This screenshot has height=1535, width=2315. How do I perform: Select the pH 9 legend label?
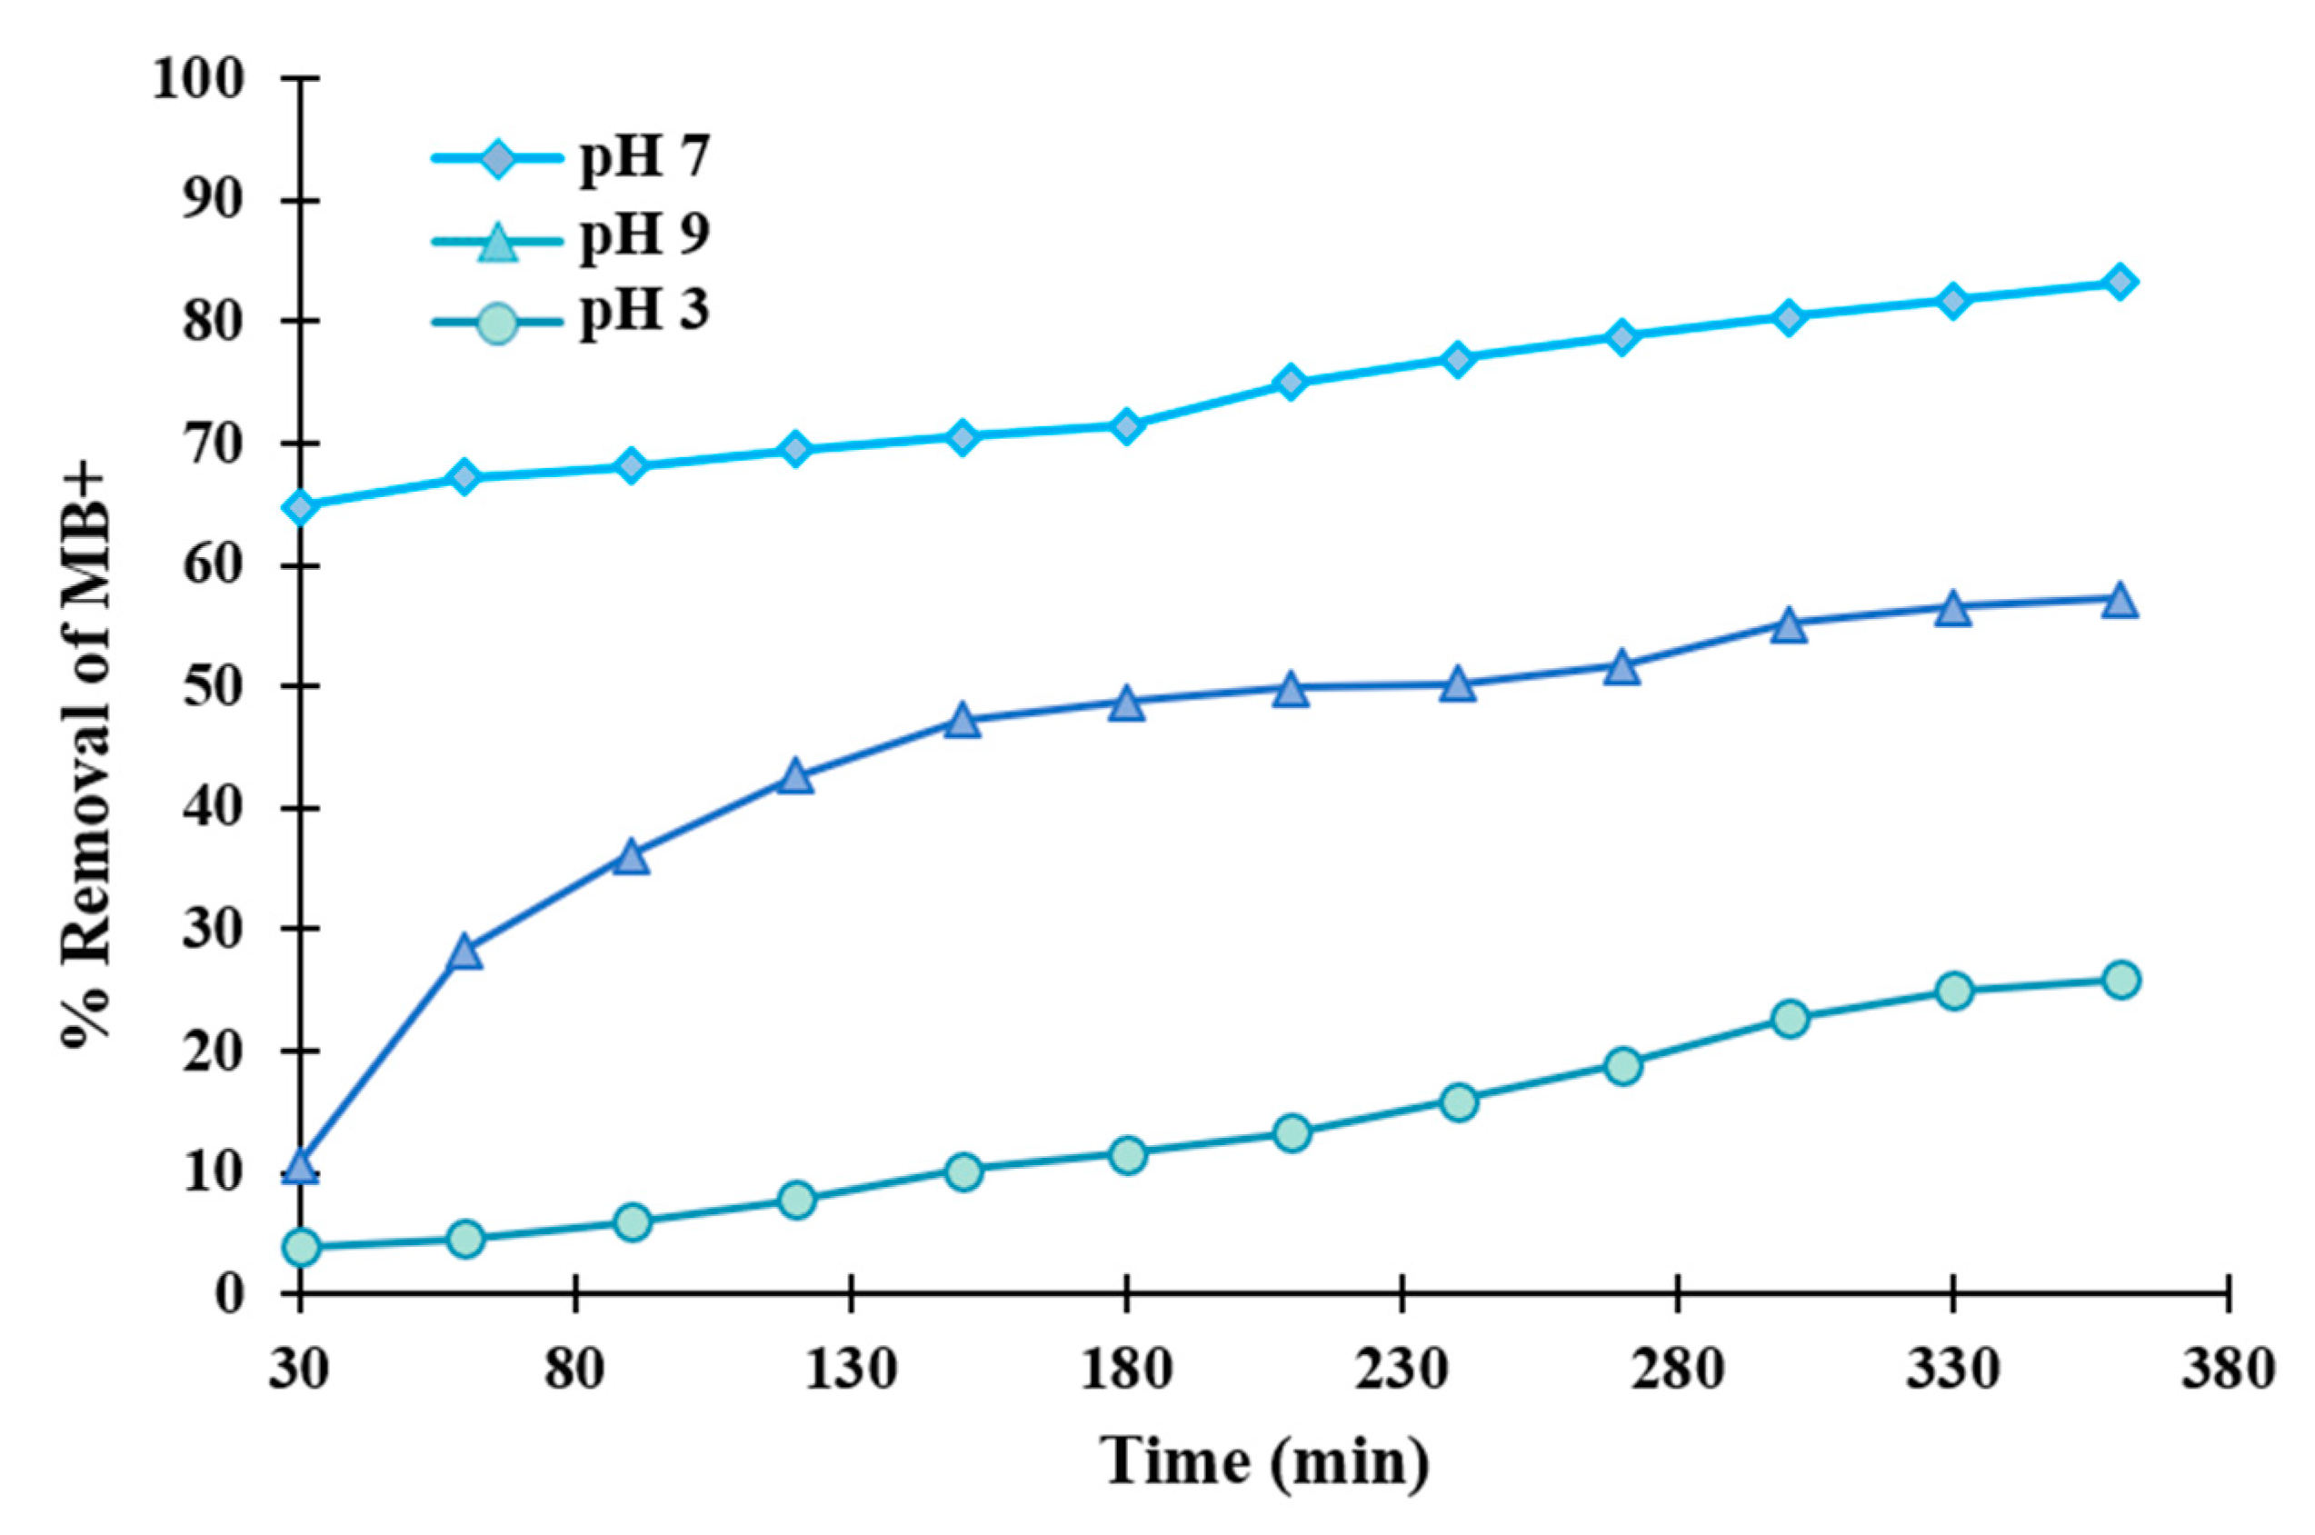pos(644,235)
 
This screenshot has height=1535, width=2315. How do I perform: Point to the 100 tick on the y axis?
pos(199,78)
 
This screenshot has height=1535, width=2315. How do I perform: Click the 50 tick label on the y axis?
pos(213,687)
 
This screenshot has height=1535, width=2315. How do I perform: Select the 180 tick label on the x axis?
pos(1127,1369)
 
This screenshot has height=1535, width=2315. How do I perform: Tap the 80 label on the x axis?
pos(575,1369)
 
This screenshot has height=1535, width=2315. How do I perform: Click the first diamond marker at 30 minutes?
pos(301,507)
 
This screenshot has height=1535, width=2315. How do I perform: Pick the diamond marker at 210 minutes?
pos(1292,382)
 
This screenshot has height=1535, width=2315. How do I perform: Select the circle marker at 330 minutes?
pos(1954,991)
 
